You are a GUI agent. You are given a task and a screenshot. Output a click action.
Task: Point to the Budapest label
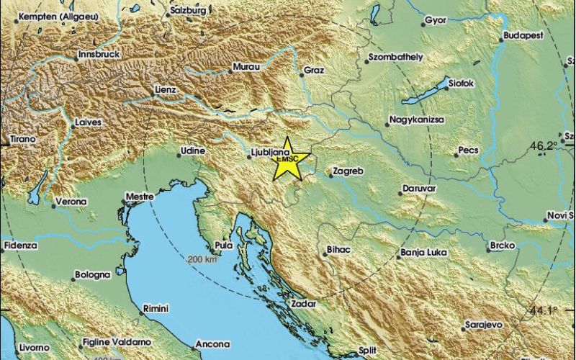(523, 35)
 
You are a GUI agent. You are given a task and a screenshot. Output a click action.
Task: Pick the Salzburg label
(189, 12)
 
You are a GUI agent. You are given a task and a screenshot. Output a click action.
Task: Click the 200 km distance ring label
(202, 260)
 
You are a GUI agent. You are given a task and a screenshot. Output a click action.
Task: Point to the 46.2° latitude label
(546, 146)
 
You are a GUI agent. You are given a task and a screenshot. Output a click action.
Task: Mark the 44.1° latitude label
(546, 310)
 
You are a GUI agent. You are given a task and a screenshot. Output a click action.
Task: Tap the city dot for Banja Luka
(399, 253)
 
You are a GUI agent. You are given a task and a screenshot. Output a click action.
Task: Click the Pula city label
(224, 246)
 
